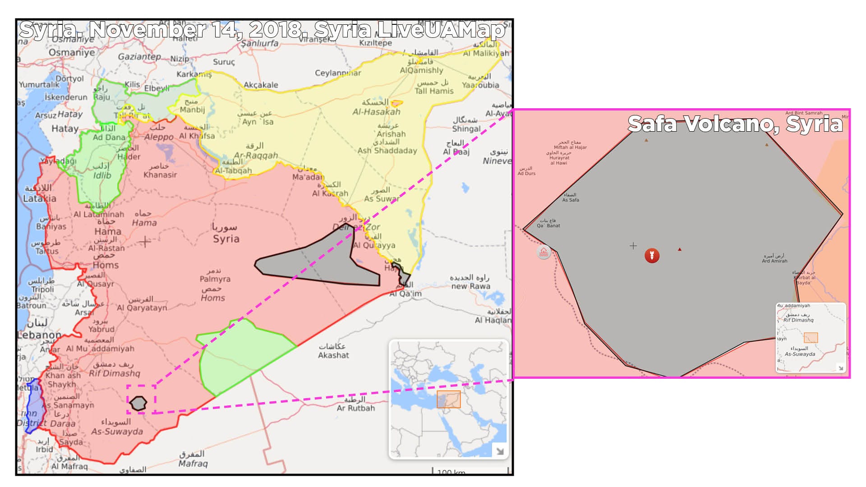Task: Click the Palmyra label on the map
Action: coord(215,279)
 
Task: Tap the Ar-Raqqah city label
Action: coord(256,156)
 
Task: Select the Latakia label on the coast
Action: coord(40,198)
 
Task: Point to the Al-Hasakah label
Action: coord(376,112)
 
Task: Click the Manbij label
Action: coord(192,110)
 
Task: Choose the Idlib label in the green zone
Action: coord(102,175)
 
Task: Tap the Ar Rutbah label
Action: coord(356,408)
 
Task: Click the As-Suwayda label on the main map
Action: coord(117,432)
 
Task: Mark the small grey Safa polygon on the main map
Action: coord(138,403)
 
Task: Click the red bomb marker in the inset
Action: coord(652,255)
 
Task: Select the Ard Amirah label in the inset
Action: coord(774,261)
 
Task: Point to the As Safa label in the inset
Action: coord(571,200)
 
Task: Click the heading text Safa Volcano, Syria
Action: coord(735,124)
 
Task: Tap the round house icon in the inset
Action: coord(544,252)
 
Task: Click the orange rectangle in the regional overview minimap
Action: coord(448,400)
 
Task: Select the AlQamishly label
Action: coord(421,70)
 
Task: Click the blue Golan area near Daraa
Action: coord(33,406)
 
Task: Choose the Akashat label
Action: coord(333,355)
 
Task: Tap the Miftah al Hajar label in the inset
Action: coord(570,147)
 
